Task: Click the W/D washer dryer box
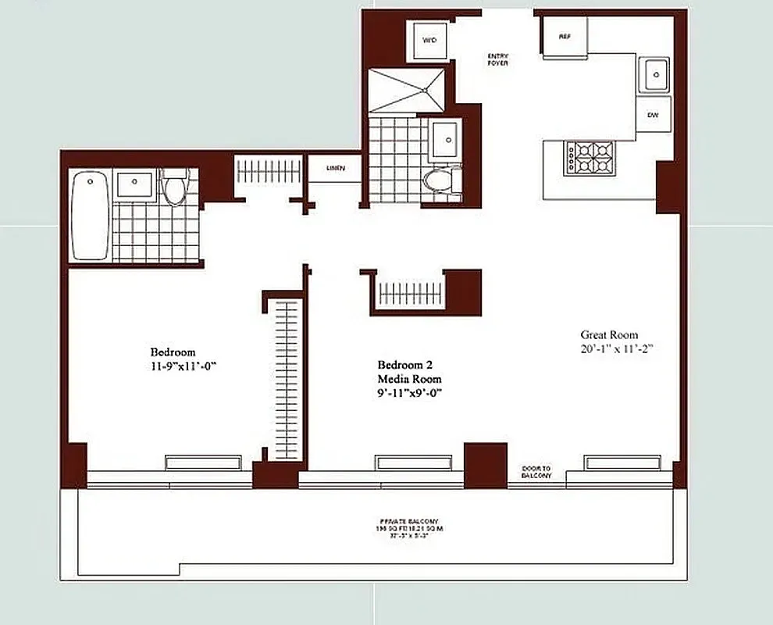(x=429, y=40)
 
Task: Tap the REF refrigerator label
(x=565, y=37)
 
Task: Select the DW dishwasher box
(x=653, y=116)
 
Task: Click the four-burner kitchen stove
(x=590, y=157)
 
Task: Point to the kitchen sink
(x=654, y=76)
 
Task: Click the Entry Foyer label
(x=497, y=59)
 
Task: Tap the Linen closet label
(x=333, y=168)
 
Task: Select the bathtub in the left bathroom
(x=90, y=216)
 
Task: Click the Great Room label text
(x=608, y=334)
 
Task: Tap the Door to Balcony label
(x=536, y=472)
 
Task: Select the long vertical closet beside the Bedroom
(x=287, y=381)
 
